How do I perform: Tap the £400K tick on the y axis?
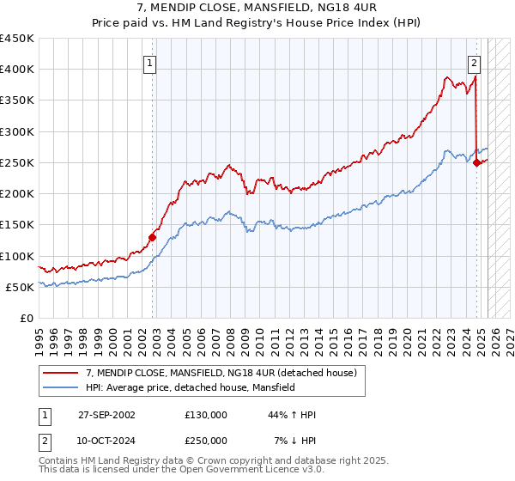pos(17,70)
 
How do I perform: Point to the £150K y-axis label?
pos(17,225)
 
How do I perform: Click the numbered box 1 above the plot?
pos(150,62)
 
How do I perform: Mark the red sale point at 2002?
pos(153,237)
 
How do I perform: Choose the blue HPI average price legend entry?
pos(190,387)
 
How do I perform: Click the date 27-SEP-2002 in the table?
pos(106,415)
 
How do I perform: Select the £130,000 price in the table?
pos(206,415)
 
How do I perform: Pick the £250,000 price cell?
pos(206,441)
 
